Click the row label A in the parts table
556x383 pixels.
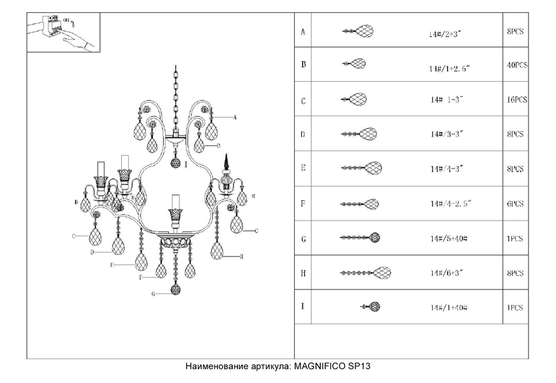[x=302, y=32]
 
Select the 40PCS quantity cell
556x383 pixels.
[x=517, y=65]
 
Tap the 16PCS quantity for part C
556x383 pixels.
[x=517, y=100]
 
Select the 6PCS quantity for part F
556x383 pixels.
[x=515, y=204]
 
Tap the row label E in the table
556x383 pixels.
[x=303, y=168]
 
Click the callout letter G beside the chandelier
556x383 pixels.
[x=152, y=294]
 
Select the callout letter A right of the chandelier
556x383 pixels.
[x=235, y=118]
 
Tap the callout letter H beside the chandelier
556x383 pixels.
[x=242, y=256]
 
